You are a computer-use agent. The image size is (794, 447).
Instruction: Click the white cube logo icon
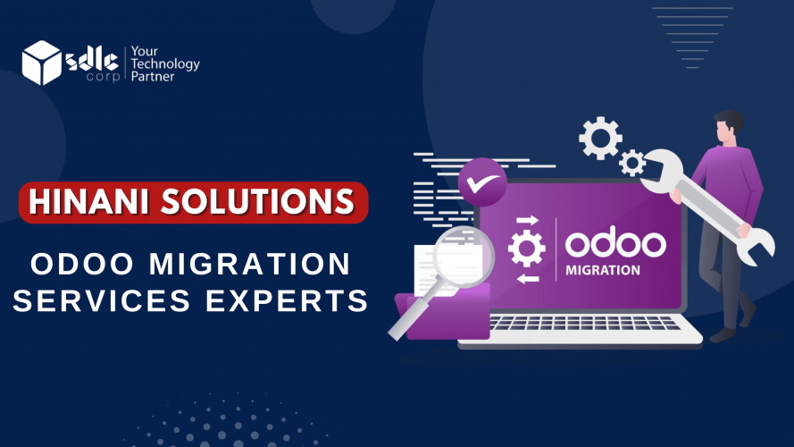point(41,63)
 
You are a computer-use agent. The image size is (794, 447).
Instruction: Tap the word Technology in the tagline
point(165,63)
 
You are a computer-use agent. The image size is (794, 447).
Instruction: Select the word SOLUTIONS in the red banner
point(258,202)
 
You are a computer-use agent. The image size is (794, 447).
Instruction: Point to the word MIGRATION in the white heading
point(250,264)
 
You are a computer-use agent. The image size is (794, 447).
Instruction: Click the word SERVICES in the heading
point(101,300)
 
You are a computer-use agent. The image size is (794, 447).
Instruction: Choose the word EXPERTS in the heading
point(287,300)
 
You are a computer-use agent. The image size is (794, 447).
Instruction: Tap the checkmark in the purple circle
point(482,182)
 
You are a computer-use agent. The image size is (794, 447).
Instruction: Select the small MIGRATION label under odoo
point(603,270)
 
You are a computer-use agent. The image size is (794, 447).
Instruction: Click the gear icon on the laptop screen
point(527,249)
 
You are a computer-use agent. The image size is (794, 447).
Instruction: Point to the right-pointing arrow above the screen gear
point(527,220)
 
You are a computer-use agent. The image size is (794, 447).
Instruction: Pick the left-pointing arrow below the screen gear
point(528,278)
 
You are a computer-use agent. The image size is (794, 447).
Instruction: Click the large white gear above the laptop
point(600,138)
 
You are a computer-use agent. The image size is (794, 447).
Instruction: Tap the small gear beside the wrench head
point(632,164)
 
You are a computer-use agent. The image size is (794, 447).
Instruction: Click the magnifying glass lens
point(463,256)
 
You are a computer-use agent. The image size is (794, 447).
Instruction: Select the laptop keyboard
point(584,323)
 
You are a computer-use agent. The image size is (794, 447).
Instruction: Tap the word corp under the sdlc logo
point(104,77)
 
